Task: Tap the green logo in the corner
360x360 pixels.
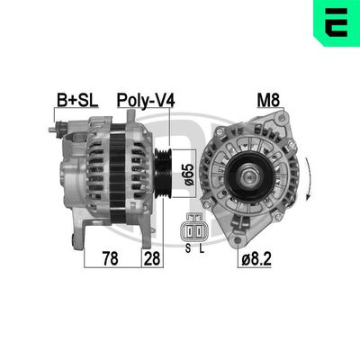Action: point(336,23)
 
